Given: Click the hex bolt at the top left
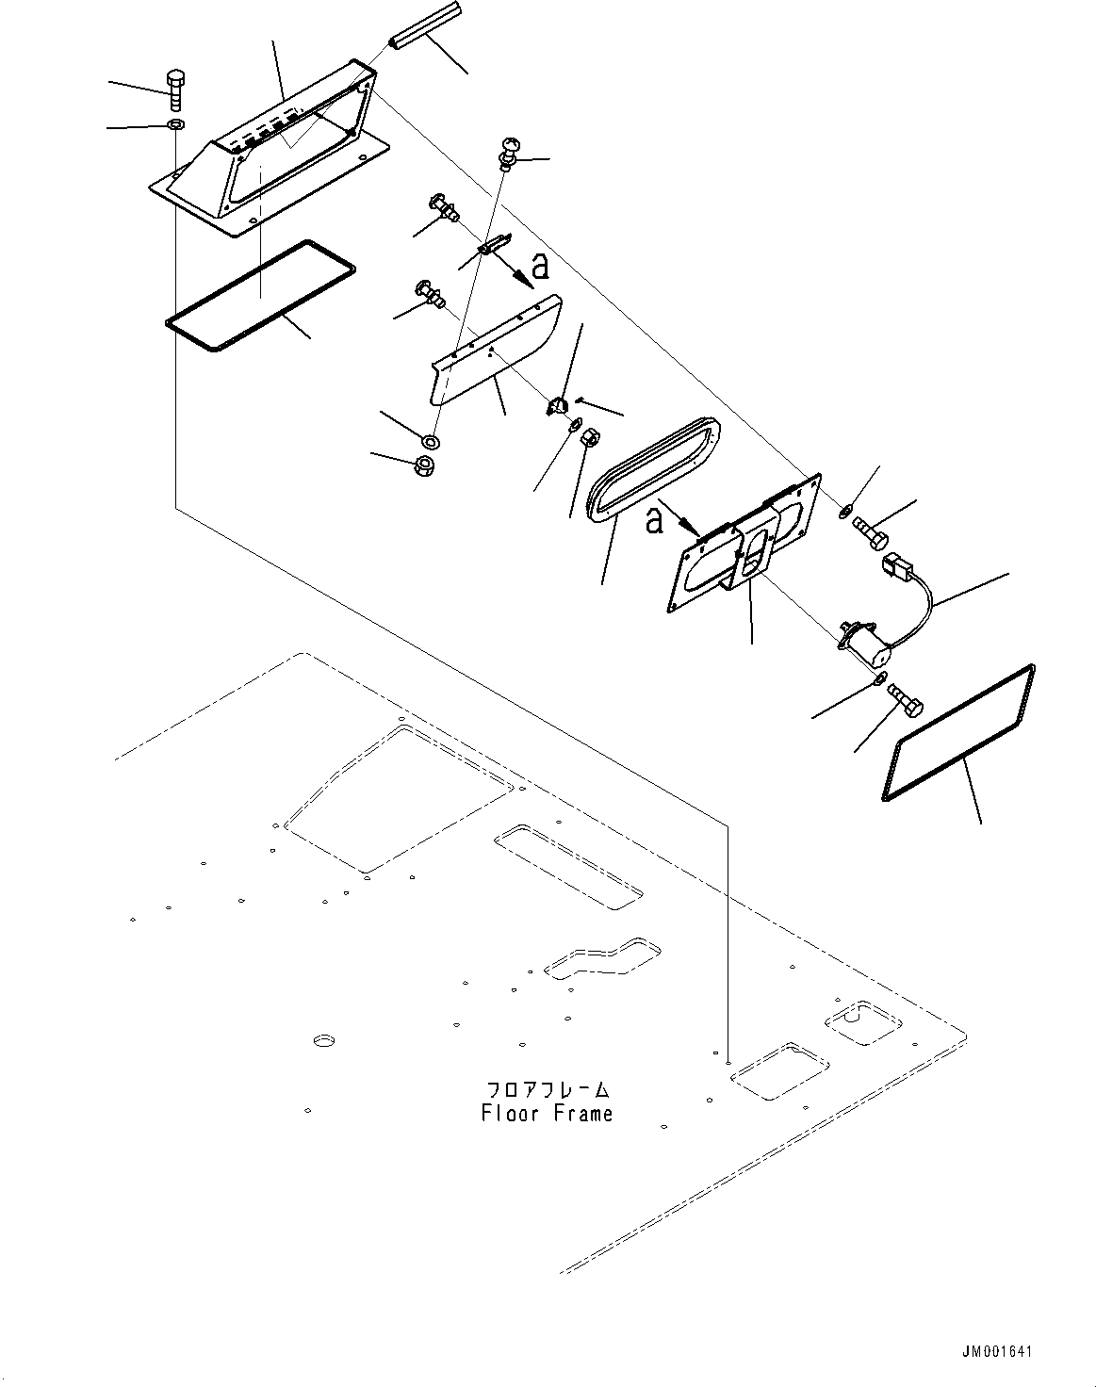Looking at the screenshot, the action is tap(176, 90).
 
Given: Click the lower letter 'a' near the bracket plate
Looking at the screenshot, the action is tap(653, 521).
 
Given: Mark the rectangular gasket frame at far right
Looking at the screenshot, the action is tap(958, 733).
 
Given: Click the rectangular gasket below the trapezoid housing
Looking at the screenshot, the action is tap(260, 296).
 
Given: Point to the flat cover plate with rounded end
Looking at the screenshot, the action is tap(496, 350).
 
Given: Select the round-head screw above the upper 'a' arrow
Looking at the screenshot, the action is tap(511, 154).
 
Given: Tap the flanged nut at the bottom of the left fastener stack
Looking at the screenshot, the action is tap(425, 465).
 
